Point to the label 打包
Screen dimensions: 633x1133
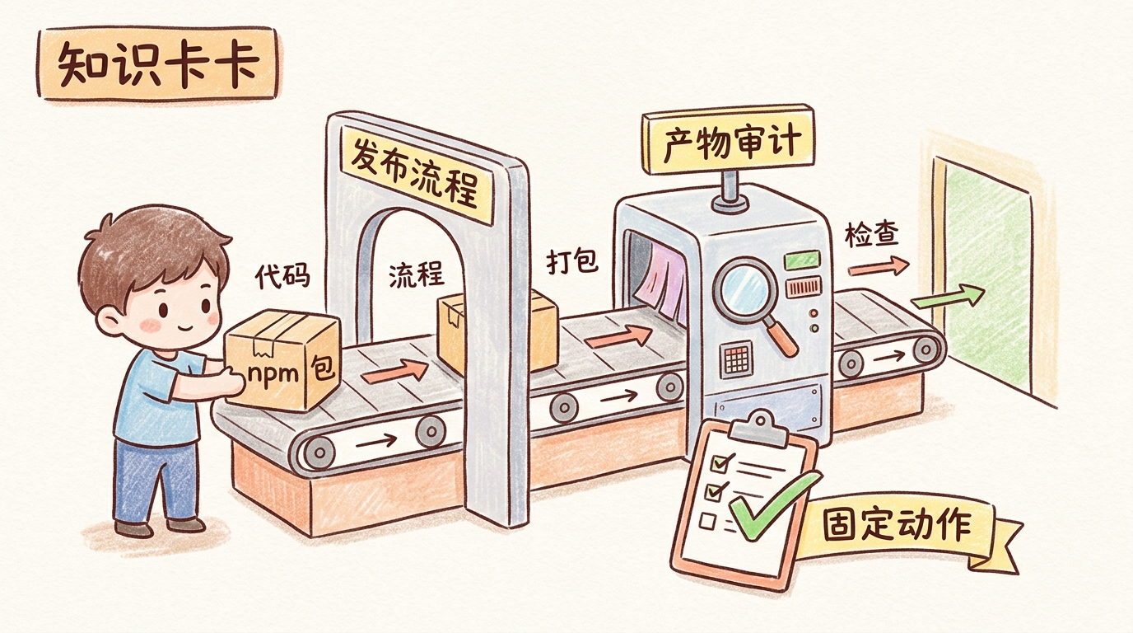(x=572, y=263)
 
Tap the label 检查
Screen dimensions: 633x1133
(x=871, y=237)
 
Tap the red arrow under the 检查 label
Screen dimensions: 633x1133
(x=878, y=267)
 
